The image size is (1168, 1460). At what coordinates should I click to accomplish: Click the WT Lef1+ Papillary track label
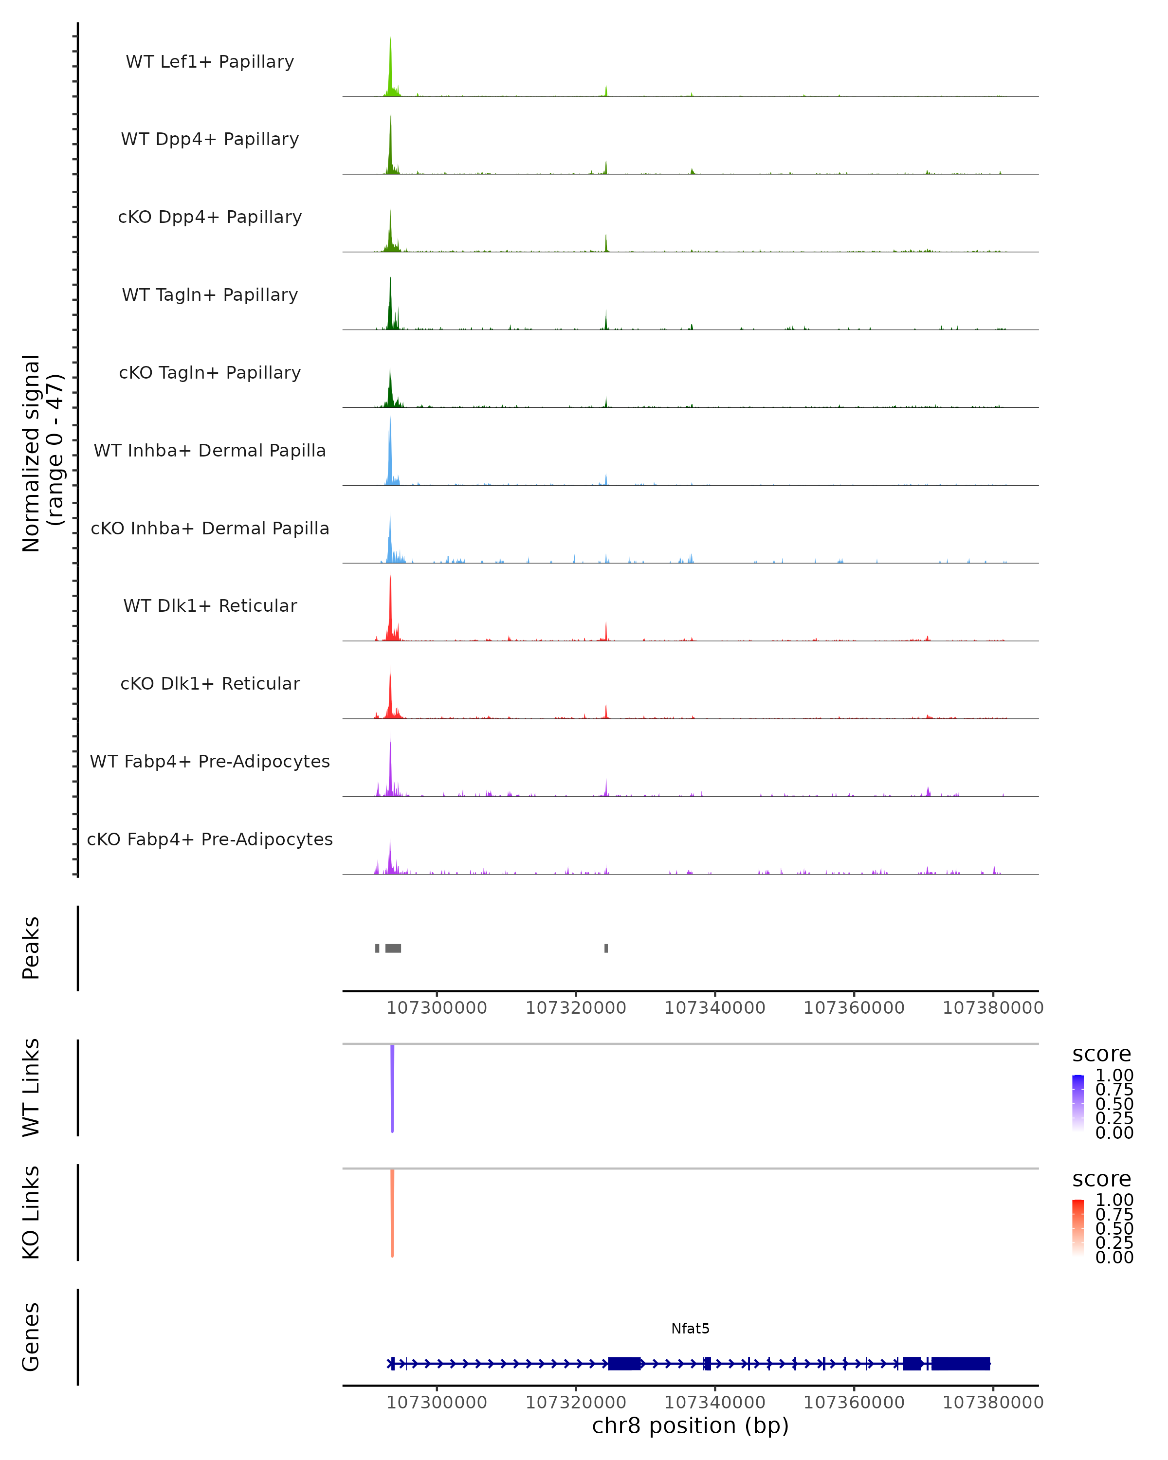point(210,62)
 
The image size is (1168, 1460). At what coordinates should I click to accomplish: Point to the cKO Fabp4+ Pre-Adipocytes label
point(210,839)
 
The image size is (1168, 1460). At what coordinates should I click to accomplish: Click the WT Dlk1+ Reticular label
point(210,605)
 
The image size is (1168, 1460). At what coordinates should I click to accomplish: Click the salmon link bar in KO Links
point(392,1212)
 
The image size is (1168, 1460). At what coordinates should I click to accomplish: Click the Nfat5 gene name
point(690,1329)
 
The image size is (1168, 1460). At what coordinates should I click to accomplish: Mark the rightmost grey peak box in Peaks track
point(606,948)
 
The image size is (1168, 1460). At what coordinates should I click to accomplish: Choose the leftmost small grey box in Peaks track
point(377,948)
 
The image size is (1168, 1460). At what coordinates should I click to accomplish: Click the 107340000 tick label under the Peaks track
point(714,1008)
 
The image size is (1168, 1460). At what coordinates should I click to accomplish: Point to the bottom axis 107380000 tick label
point(993,1403)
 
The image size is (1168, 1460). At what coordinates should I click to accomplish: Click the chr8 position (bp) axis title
point(690,1426)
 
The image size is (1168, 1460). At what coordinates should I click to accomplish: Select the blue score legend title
point(1101,1055)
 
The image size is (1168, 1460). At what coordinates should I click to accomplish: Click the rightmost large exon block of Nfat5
point(960,1364)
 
